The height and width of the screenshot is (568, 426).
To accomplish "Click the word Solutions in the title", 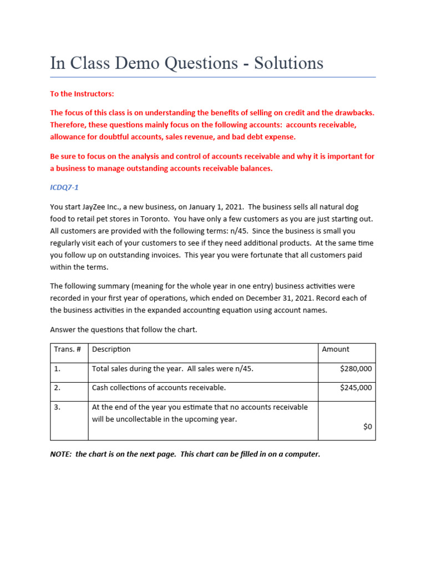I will pos(288,63).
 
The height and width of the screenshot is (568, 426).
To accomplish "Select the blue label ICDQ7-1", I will pos(65,187).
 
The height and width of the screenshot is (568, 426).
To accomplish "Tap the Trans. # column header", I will pos(68,349).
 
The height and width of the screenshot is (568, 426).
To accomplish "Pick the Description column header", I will pos(111,349).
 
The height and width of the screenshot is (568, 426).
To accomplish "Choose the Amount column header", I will pos(336,349).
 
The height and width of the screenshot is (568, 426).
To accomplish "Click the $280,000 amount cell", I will pos(356,368).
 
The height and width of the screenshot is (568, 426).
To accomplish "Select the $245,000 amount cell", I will pos(356,388).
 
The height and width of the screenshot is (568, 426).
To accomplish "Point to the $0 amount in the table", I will pos(367,427).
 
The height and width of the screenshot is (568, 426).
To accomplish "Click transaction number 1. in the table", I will pos(57,368).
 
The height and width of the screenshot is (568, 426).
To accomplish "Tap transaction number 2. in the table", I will pos(57,388).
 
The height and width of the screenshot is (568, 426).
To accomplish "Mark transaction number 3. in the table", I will pos(57,407).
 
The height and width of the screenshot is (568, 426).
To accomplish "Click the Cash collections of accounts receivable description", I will pos(159,388).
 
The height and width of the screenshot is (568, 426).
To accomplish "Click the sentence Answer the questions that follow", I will pos(123,329).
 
